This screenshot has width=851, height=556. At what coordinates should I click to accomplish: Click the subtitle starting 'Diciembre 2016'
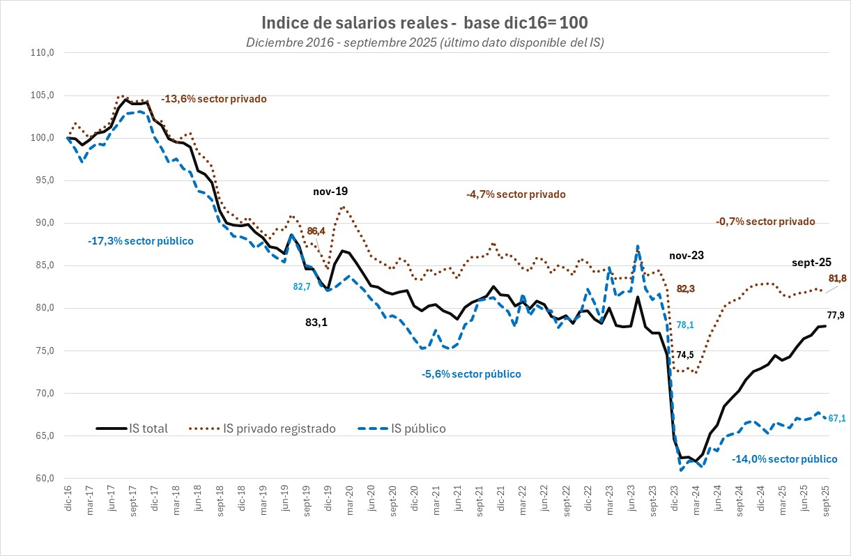coord(424,43)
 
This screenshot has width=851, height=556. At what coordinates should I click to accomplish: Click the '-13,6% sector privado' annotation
coord(214,99)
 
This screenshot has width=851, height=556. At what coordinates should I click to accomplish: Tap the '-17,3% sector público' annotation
coord(140,240)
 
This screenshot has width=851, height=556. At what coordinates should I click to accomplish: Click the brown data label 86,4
coord(316,231)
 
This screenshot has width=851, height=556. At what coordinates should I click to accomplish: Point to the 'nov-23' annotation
coord(687,256)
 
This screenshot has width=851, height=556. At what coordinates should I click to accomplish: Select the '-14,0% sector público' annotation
coord(784,459)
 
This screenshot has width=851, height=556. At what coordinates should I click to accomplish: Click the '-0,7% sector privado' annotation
coord(765,222)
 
